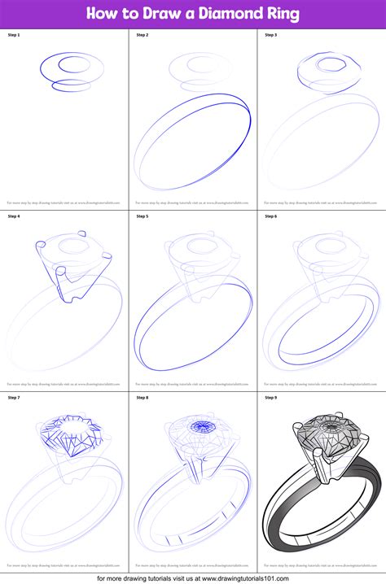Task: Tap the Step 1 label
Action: [x=13, y=35]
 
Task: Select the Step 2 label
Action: [x=142, y=35]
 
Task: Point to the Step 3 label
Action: [x=270, y=35]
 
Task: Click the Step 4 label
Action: [x=13, y=216]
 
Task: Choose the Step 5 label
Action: [x=142, y=216]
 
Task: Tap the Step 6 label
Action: [x=270, y=216]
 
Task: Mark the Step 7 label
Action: [x=13, y=397]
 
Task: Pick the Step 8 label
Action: [x=142, y=397]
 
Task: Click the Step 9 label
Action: [x=270, y=397]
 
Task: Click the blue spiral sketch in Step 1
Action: [x=62, y=69]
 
